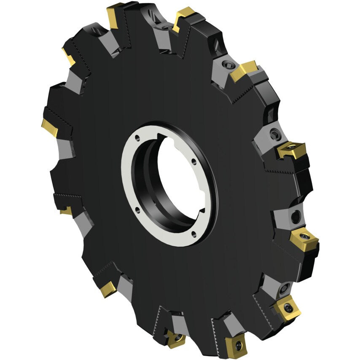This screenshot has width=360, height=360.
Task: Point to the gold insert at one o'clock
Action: pos(243,70)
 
